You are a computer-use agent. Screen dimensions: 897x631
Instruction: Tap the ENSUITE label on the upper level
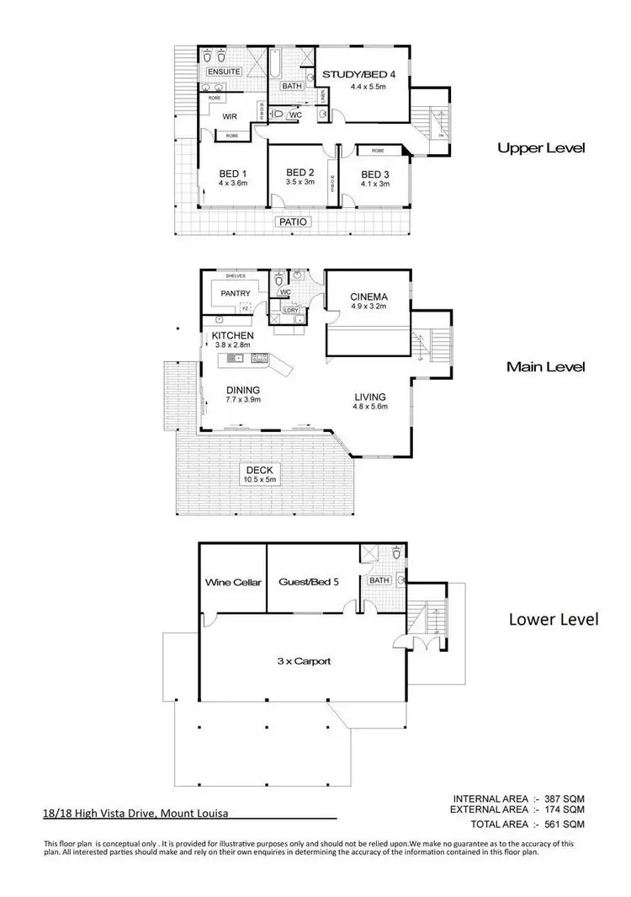(223, 72)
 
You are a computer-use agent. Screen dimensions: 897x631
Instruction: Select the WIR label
(231, 117)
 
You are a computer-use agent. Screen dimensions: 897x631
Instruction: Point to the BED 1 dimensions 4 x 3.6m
(233, 183)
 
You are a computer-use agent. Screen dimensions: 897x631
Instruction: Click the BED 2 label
(300, 171)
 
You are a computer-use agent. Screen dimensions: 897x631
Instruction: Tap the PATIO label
(294, 222)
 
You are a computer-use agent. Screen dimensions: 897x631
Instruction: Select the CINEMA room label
(369, 296)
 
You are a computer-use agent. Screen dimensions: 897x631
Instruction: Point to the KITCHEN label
(233, 335)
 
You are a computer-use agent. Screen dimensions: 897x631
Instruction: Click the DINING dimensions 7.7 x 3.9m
(243, 400)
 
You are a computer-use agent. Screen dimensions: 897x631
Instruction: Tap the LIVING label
(369, 397)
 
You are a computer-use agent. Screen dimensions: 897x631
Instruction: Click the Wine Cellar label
(233, 582)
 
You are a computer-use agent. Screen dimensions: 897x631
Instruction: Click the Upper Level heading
(541, 148)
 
